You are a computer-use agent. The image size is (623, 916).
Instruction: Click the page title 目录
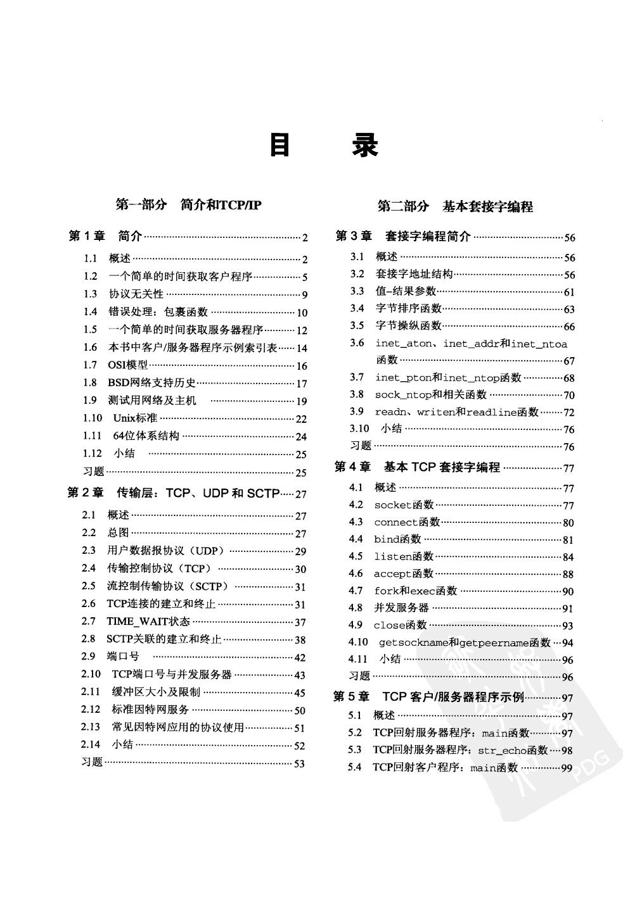324,145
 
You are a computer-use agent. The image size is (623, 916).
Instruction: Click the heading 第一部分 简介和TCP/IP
188,204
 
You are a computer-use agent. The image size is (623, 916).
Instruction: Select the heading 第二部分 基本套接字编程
455,206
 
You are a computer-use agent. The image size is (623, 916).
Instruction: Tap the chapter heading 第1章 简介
105,236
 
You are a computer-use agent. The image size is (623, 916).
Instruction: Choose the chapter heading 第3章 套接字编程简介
403,236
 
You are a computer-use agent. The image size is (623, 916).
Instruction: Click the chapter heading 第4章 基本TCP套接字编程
417,467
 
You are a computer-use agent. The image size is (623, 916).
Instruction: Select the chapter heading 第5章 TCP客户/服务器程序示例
428,697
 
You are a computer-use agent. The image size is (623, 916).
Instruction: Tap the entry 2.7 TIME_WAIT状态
148,622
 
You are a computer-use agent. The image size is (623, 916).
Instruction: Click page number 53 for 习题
299,763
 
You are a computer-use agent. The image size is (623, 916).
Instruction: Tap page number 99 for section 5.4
566,768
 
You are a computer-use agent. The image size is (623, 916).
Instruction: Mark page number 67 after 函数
568,360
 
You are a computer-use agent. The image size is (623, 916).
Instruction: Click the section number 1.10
93,418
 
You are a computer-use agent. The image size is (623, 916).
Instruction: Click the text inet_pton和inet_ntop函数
448,378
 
